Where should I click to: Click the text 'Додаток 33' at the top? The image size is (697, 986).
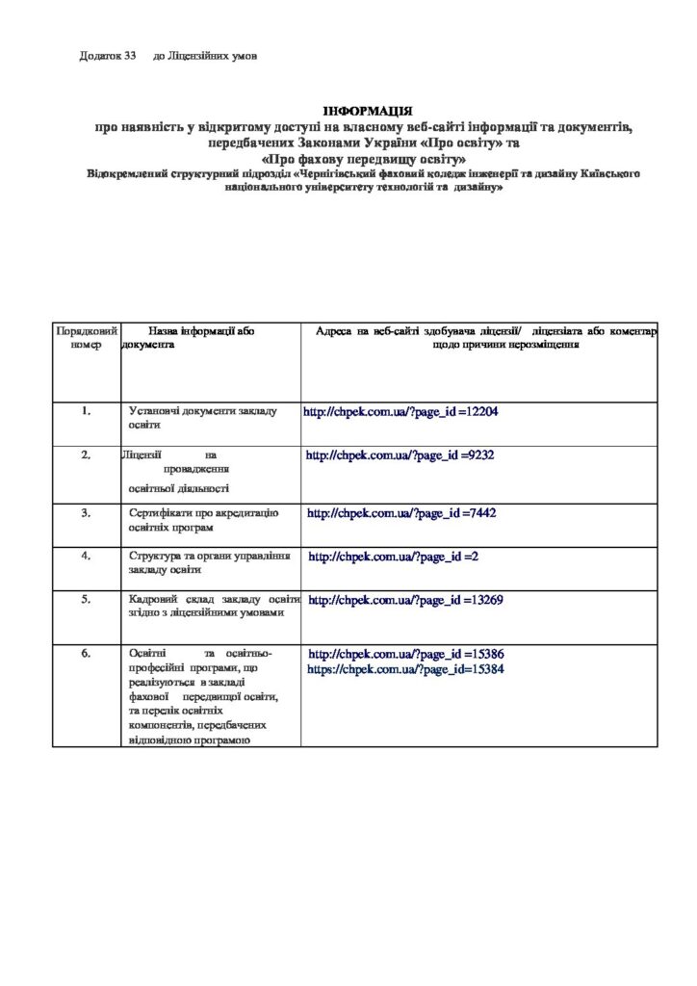coord(108,56)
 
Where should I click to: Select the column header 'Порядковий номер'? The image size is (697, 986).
coord(86,338)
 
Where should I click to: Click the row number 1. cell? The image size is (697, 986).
coord(86,411)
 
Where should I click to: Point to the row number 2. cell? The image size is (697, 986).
coord(86,454)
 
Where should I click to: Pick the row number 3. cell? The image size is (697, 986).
coord(86,513)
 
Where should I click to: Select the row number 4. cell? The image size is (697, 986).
coord(86,556)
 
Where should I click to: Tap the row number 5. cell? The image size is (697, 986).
coord(86,599)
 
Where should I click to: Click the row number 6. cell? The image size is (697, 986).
coord(86,654)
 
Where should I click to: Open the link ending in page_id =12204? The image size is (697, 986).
coord(400,412)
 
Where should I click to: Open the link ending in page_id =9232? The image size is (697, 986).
coord(400,454)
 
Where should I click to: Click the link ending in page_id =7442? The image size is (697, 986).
coord(401,514)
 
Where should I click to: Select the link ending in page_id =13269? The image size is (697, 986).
coord(406,600)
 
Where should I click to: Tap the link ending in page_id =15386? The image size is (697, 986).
coord(406,654)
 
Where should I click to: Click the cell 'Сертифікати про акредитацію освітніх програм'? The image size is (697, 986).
coord(203,520)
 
